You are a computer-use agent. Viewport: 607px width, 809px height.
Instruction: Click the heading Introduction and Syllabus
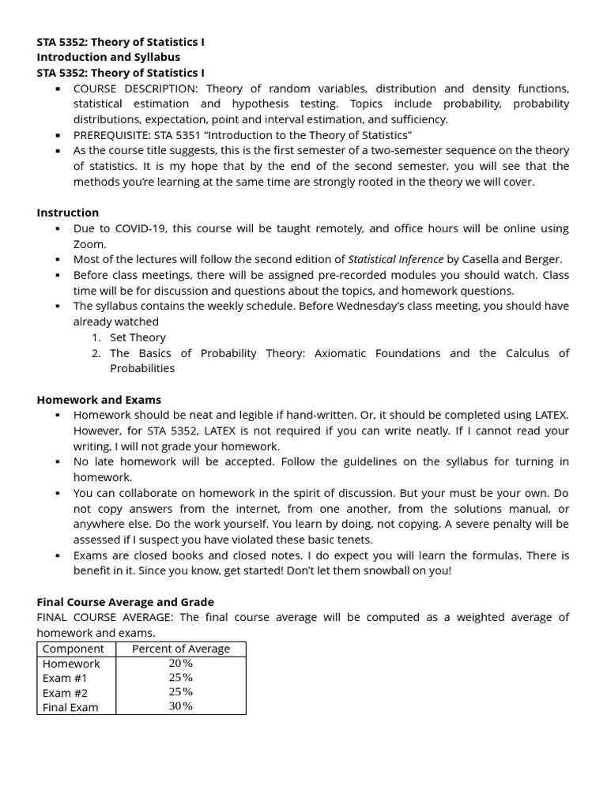(108, 57)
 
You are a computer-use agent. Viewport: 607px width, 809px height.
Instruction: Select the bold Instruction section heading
(68, 213)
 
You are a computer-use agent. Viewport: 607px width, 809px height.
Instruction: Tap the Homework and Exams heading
(99, 400)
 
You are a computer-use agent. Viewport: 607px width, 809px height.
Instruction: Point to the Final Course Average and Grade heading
(125, 602)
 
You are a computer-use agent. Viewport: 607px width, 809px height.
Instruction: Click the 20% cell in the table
(180, 664)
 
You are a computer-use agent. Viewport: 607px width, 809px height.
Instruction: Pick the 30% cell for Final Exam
(180, 706)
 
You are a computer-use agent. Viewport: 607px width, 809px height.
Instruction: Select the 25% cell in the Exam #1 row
(180, 678)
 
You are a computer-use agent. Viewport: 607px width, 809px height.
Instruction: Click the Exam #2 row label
(66, 693)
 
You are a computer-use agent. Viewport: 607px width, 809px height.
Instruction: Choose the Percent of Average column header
(181, 649)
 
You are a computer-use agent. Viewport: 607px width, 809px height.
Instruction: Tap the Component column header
(73, 649)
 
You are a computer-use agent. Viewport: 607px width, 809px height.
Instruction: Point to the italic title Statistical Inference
(396, 259)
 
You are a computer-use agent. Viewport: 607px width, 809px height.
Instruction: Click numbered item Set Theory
(138, 337)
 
